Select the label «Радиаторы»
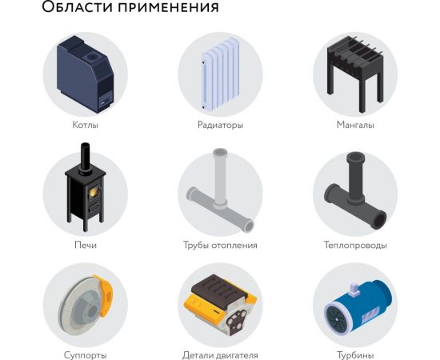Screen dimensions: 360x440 point(220,125)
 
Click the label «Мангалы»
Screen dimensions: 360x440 point(355,125)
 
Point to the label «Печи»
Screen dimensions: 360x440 point(85,245)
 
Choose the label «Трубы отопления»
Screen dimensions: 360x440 point(220,245)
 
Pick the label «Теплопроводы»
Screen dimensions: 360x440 point(355,245)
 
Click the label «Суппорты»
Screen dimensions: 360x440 point(85,354)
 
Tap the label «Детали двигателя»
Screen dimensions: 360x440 point(220,354)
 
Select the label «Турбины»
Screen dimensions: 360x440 point(355,354)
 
